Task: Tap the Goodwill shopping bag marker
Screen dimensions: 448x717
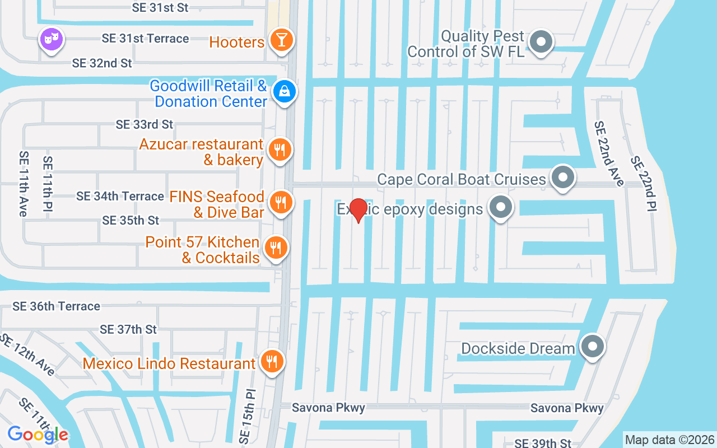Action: (285, 91)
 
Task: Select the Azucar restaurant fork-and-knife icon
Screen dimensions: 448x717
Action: (279, 150)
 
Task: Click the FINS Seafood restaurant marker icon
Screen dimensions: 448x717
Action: (280, 202)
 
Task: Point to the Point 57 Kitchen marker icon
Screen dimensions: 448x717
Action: (275, 247)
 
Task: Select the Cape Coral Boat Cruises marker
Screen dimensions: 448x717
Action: (563, 178)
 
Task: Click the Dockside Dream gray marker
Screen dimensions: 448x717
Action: (592, 347)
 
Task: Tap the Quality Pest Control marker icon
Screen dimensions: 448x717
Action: (541, 42)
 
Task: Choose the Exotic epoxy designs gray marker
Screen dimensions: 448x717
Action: (500, 208)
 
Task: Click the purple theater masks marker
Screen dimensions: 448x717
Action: (52, 40)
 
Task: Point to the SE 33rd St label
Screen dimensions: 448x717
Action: (145, 124)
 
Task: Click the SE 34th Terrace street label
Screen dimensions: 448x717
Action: (120, 196)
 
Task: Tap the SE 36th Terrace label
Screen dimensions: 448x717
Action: (56, 306)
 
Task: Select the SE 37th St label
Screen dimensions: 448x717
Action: (128, 329)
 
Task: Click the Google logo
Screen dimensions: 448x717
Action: (38, 435)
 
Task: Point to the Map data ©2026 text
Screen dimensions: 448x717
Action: (669, 440)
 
